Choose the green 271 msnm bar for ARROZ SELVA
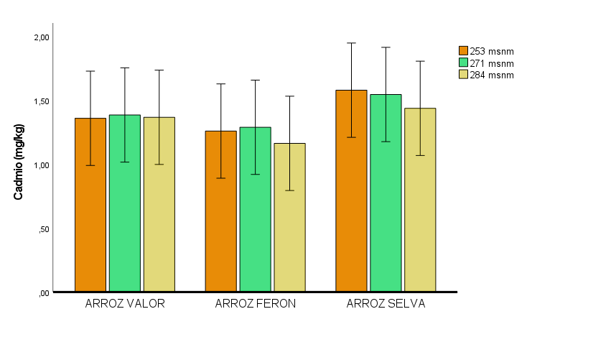[386, 193]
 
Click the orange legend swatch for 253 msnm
[464, 50]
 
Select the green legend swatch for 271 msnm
[464, 63]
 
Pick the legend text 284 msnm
[492, 75]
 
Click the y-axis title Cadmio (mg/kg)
[20, 162]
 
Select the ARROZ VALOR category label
[125, 304]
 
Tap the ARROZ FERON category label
[255, 304]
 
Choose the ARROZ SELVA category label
[386, 304]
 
